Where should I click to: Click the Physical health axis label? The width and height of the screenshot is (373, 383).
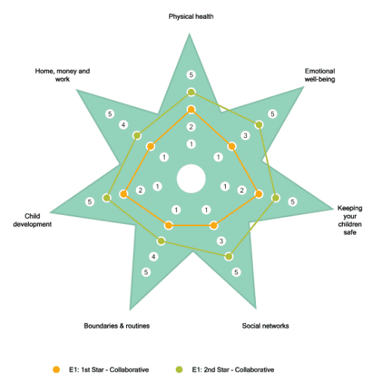tap(191, 17)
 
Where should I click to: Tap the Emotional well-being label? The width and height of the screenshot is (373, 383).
tap(319, 75)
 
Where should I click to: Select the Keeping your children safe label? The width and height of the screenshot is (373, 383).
tap(350, 220)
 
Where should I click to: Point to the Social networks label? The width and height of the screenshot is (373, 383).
tap(265, 326)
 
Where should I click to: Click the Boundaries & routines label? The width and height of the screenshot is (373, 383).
tap(117, 326)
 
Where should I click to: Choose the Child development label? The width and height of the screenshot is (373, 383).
tap(32, 220)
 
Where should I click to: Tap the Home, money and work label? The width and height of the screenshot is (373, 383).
tap(63, 75)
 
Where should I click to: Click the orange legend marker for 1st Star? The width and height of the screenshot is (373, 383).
tap(57, 369)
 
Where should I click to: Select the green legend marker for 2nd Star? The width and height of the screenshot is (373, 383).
tap(179, 369)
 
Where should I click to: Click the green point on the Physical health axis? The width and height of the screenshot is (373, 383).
tap(191, 92)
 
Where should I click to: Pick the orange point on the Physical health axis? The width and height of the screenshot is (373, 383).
tap(191, 109)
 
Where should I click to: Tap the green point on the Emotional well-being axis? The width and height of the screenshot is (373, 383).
tap(259, 124)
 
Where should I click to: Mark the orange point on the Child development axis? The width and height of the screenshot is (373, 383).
tap(124, 194)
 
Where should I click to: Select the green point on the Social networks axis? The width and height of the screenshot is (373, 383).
tap(229, 256)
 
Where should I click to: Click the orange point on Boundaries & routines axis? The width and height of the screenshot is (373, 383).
tap(168, 225)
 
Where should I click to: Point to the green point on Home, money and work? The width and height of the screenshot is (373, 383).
tap(137, 136)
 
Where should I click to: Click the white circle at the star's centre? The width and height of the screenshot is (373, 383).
tap(191, 179)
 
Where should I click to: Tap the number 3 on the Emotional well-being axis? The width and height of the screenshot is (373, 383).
tap(245, 136)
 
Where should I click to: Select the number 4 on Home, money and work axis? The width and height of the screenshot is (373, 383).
tap(123, 124)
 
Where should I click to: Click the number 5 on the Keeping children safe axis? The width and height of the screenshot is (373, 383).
tap(292, 201)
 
